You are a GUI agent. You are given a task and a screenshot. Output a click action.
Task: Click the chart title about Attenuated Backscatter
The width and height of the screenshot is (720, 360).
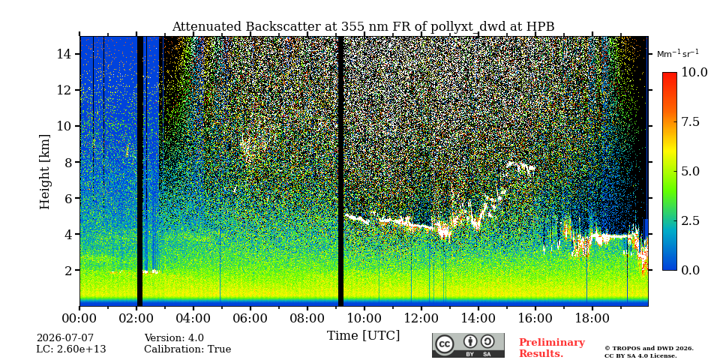tap(363, 27)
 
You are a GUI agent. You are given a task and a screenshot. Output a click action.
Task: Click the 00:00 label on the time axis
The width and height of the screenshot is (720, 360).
tap(80, 317)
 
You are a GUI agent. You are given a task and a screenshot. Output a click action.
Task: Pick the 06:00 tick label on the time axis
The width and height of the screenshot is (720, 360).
tap(250, 317)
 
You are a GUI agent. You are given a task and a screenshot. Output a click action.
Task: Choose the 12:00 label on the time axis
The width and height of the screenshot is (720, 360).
tap(421, 317)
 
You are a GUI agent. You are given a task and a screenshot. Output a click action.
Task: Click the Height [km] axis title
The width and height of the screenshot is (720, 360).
tap(44, 172)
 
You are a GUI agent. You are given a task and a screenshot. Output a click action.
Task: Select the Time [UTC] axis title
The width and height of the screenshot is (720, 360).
tap(363, 336)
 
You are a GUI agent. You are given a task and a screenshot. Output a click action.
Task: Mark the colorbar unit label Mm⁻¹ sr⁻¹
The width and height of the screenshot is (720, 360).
tap(678, 54)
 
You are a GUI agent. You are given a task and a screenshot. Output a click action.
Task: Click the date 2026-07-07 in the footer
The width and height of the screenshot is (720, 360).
tap(65, 338)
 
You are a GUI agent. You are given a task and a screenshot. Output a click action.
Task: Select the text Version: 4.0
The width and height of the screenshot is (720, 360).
tap(174, 338)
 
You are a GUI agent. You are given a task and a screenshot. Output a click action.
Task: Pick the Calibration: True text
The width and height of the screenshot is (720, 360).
tap(187, 349)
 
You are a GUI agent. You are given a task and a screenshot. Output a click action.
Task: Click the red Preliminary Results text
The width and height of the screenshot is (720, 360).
tap(552, 348)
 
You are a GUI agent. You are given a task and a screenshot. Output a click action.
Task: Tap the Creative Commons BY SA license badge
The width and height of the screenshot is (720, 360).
tap(468, 345)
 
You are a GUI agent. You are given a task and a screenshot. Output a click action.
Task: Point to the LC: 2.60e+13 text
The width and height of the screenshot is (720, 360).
tap(71, 349)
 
